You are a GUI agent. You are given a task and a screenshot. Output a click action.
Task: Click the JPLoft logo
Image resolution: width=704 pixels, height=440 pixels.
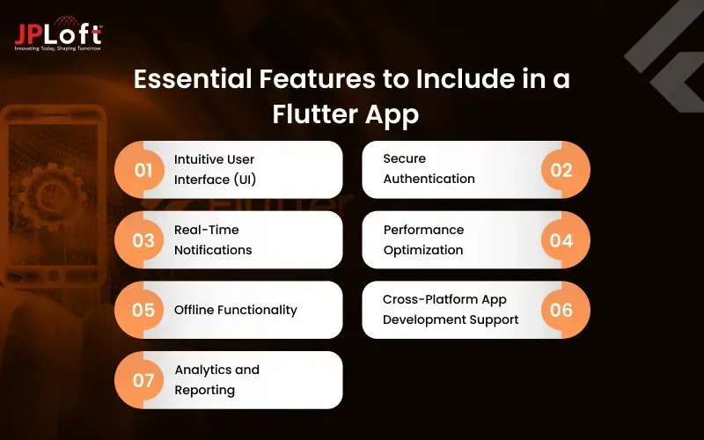58,33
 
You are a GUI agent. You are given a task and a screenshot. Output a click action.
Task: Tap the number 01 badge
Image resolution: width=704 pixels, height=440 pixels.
143,169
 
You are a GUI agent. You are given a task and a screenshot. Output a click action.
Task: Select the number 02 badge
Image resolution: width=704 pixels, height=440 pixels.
561,169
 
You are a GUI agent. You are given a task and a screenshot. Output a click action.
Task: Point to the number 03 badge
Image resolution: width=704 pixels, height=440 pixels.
143,239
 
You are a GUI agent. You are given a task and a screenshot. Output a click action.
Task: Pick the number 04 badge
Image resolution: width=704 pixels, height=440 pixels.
561,239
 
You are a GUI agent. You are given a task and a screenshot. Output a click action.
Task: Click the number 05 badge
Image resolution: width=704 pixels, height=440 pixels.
143,310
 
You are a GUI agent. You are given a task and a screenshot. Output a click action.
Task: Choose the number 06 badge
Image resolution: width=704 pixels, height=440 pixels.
561,310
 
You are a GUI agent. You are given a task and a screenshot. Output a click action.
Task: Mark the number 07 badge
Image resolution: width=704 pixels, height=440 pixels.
143,380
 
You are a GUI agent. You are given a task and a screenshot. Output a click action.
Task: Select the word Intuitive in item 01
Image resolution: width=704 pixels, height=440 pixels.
201,159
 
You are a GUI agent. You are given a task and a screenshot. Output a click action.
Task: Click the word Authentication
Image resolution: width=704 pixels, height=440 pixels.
429,179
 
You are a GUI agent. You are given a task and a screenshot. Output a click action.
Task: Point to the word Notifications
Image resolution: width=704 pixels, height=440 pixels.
213,250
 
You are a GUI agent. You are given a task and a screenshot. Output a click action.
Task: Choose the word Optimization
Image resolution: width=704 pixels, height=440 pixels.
422,250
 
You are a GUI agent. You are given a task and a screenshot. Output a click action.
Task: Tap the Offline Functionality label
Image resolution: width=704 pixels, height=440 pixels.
235,310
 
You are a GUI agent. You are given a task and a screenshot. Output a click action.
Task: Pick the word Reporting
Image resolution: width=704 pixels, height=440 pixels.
204,390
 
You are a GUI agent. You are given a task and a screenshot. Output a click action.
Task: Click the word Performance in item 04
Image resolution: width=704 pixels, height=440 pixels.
423,230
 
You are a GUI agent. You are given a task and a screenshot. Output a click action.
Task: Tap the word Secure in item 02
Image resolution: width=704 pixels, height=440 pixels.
404,158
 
